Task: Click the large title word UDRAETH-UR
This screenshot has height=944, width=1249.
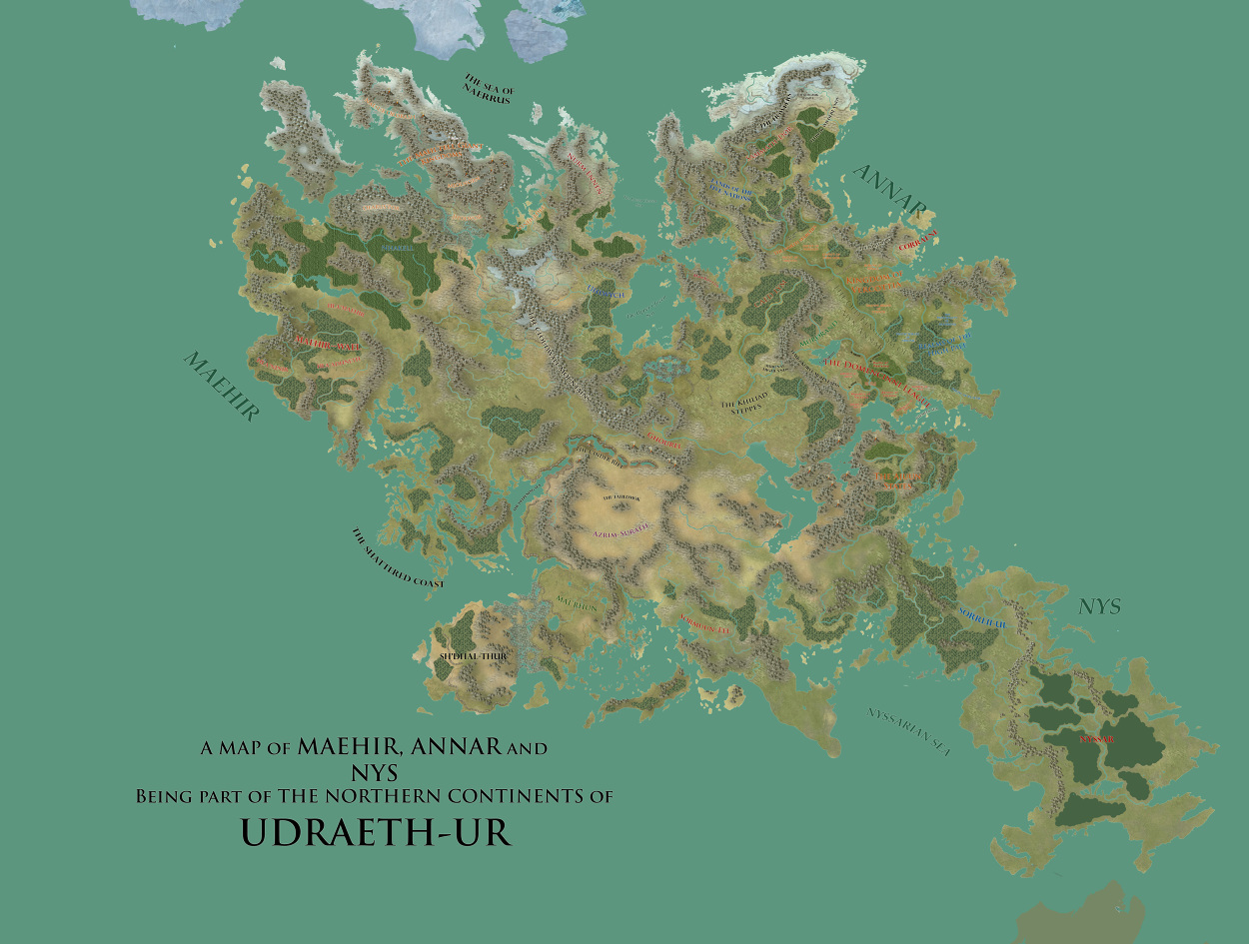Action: (x=376, y=832)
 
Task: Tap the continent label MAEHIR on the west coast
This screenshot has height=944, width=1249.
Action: (x=221, y=386)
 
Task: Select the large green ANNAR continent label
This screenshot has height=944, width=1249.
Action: (x=891, y=189)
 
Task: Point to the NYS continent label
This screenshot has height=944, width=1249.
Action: (x=1099, y=606)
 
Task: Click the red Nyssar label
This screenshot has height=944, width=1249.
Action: (x=1096, y=740)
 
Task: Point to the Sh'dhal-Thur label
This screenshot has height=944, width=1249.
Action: (x=474, y=656)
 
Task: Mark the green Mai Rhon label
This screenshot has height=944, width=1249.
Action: (x=576, y=604)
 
